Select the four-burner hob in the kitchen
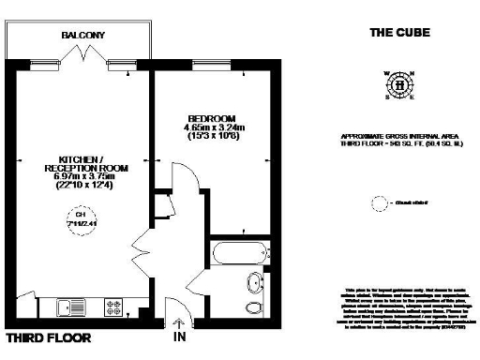click(115, 306)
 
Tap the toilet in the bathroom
click(255, 307)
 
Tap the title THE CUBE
click(399, 32)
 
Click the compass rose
click(400, 85)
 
